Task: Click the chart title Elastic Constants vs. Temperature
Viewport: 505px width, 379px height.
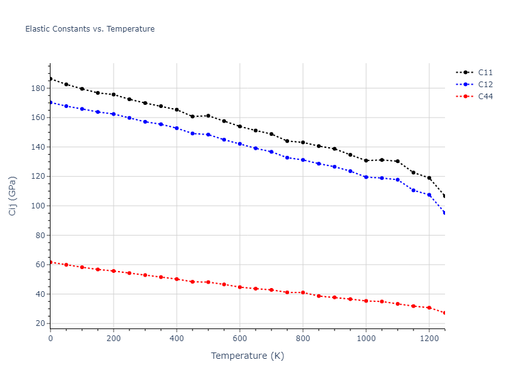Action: click(90, 29)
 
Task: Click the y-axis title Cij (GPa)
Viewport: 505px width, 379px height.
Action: click(13, 196)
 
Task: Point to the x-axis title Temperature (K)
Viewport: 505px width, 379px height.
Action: click(247, 356)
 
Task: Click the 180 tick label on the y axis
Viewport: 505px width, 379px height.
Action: click(38, 88)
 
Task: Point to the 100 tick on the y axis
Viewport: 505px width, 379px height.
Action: click(38, 206)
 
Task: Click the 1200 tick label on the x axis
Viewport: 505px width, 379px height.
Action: click(429, 338)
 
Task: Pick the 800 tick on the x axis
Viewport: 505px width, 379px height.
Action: click(303, 338)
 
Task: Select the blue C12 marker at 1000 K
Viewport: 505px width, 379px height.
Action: click(366, 177)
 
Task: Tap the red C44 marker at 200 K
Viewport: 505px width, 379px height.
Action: click(114, 271)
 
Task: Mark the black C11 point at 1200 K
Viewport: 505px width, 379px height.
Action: click(429, 178)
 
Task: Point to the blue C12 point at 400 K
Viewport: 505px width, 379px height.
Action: click(177, 128)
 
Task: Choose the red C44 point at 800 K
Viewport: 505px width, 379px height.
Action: click(303, 292)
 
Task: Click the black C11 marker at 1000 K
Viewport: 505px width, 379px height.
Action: click(366, 160)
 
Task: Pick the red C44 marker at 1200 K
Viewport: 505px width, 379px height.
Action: click(429, 308)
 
